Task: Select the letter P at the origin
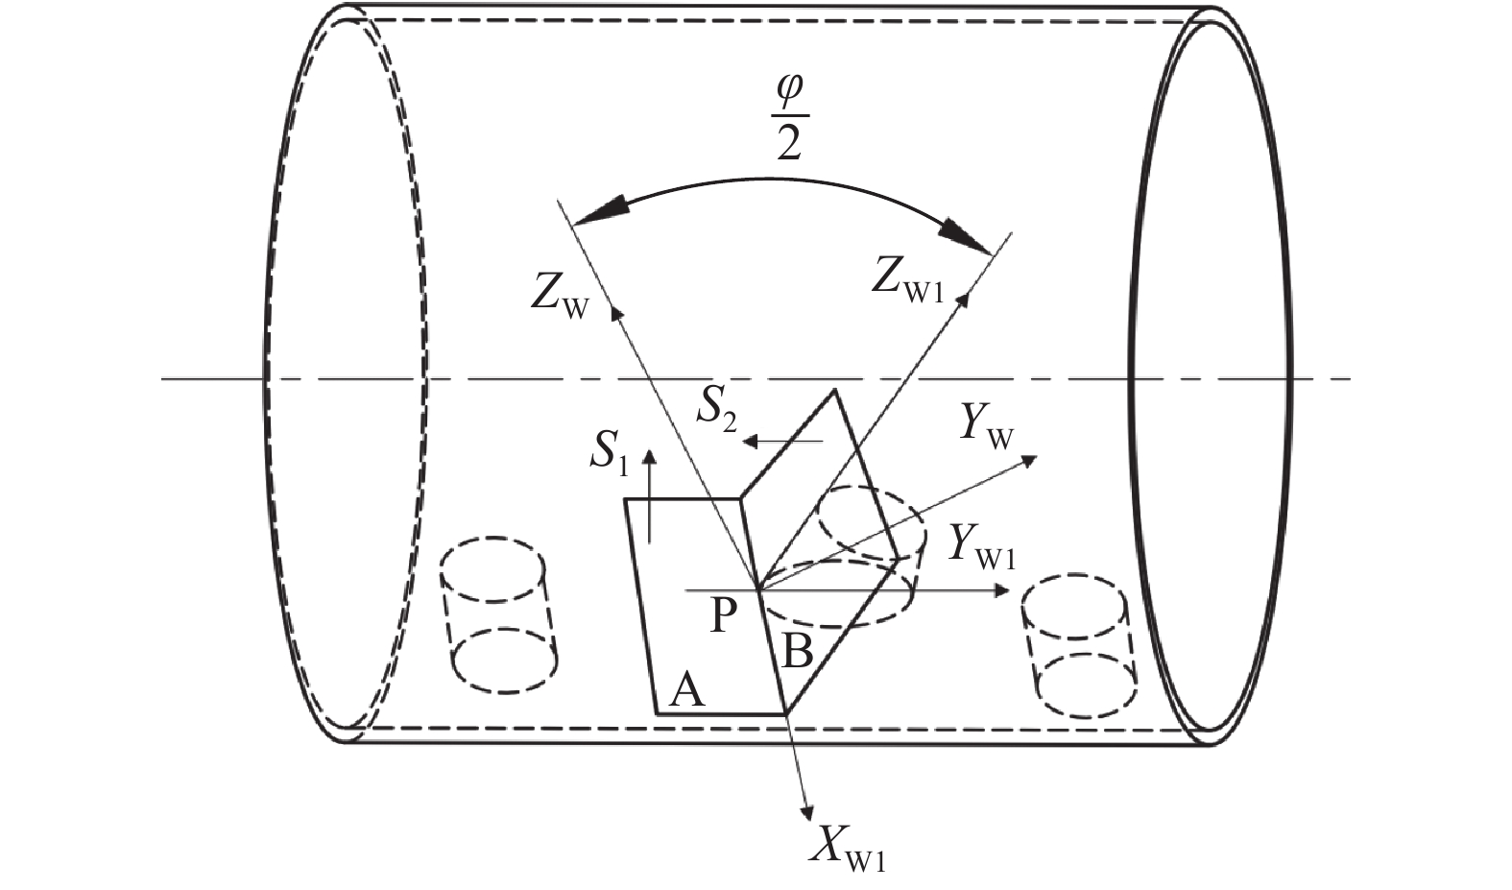(x=725, y=616)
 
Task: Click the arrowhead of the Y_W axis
(x=1031, y=460)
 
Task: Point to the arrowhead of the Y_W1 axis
(x=1002, y=590)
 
